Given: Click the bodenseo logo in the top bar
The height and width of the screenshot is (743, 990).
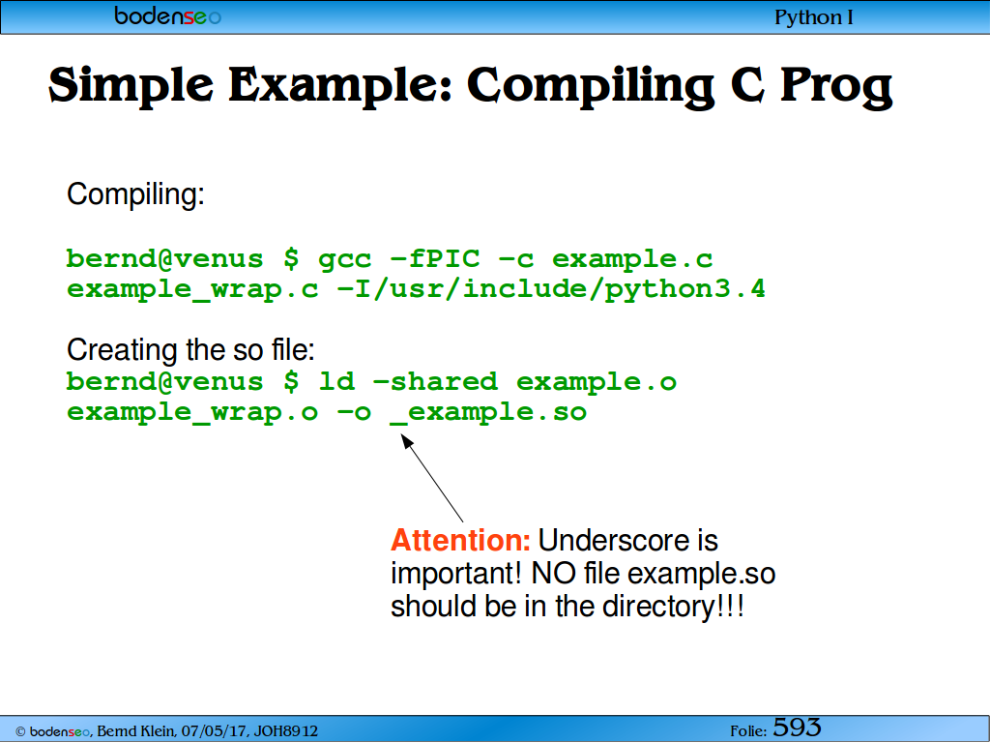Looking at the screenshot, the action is pyautogui.click(x=168, y=15).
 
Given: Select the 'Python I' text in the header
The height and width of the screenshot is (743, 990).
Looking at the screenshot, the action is pyautogui.click(x=813, y=17).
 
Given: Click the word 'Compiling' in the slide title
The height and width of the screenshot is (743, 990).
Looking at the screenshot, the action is pyautogui.click(x=591, y=86).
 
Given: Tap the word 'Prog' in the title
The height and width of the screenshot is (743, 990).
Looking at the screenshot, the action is pyautogui.click(x=836, y=86).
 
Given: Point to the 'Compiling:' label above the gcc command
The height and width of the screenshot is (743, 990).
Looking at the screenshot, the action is pyautogui.click(x=135, y=193).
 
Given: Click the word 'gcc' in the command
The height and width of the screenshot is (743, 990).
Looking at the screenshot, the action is pyautogui.click(x=345, y=259).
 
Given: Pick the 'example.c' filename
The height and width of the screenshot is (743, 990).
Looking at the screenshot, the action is pyautogui.click(x=632, y=259).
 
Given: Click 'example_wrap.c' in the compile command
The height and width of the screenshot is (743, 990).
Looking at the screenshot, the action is pyautogui.click(x=192, y=289).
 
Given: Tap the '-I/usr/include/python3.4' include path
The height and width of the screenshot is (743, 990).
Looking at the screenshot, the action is pyautogui.click(x=552, y=289).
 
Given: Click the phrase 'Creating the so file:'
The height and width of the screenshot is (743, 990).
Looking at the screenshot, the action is pyautogui.click(x=190, y=349).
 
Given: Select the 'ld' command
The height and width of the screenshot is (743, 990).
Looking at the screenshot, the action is pyautogui.click(x=336, y=381).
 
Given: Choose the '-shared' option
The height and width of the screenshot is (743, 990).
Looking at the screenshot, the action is pyautogui.click(x=436, y=381).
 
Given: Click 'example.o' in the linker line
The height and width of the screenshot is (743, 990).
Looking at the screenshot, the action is pyautogui.click(x=597, y=381).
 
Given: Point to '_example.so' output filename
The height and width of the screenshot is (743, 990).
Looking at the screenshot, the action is pyautogui.click(x=489, y=412).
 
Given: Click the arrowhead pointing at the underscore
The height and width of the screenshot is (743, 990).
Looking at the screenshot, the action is pyautogui.click(x=407, y=441).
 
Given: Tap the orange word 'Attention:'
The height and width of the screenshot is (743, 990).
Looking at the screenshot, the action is pyautogui.click(x=461, y=541).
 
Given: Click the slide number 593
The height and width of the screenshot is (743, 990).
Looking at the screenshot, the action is pyautogui.click(x=797, y=728).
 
